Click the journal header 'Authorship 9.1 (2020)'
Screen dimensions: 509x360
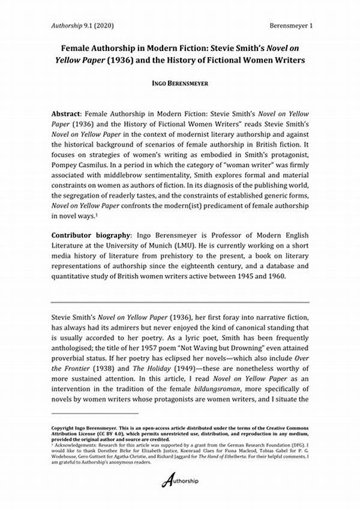coord(82,26)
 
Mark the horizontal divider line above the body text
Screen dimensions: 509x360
coord(180,302)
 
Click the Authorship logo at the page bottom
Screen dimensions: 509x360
coord(181,481)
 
